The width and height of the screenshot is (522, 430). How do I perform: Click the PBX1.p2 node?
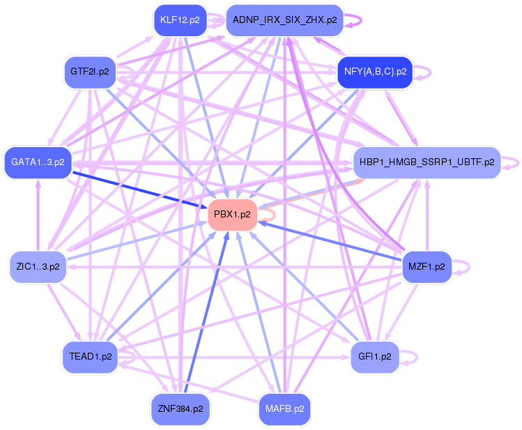coord(232,214)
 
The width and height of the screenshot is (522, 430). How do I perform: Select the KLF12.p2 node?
coord(180,20)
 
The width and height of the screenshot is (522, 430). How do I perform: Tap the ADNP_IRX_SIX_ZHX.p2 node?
coord(284,20)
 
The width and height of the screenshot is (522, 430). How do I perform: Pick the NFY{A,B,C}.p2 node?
coord(375,72)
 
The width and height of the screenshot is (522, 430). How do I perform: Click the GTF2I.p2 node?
coord(89,72)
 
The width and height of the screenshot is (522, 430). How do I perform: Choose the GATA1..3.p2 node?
coord(38,162)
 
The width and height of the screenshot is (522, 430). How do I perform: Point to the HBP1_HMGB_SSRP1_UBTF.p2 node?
coord(427,162)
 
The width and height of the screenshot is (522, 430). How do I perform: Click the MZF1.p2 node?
coord(427,266)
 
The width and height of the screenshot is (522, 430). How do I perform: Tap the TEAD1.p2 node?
coord(89,356)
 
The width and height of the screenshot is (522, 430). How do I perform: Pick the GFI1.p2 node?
coord(375,356)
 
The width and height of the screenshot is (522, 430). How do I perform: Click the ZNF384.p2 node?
coord(180,408)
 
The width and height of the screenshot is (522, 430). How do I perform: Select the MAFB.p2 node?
coord(284,408)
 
